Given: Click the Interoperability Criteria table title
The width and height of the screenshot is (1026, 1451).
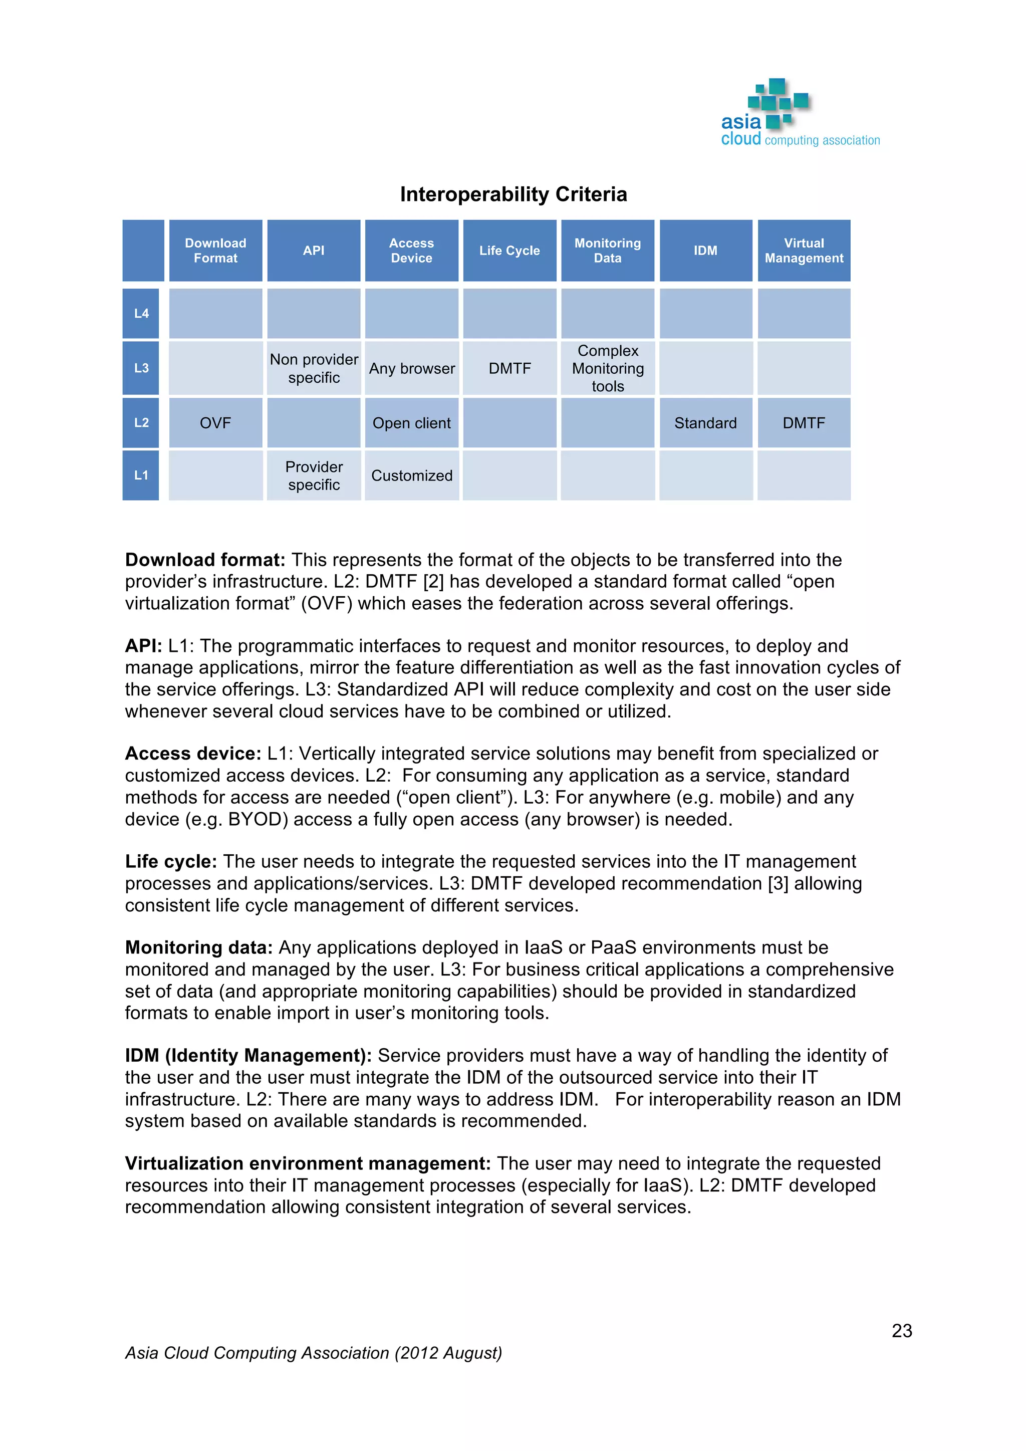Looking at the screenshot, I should (x=513, y=194).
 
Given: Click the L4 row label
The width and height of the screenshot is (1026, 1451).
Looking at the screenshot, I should (x=141, y=314).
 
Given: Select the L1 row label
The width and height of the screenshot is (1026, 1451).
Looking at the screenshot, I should (x=141, y=475).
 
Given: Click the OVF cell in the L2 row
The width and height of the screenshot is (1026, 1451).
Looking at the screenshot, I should (x=215, y=423).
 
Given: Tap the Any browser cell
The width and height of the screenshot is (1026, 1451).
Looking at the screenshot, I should (x=412, y=368).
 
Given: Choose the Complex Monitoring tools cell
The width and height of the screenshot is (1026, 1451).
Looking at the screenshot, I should (x=608, y=368).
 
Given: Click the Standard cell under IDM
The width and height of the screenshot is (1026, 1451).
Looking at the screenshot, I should (x=705, y=423).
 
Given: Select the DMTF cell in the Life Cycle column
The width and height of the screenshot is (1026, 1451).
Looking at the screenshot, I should (x=510, y=368).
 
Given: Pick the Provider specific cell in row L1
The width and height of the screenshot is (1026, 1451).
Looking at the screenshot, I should (x=314, y=476).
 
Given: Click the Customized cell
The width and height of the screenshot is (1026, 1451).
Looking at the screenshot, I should (x=412, y=476).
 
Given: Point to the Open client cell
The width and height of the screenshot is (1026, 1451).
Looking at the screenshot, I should (x=412, y=423).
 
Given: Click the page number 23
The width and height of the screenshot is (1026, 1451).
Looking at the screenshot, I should (x=902, y=1331).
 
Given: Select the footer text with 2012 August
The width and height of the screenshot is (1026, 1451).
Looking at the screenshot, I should (x=313, y=1353).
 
